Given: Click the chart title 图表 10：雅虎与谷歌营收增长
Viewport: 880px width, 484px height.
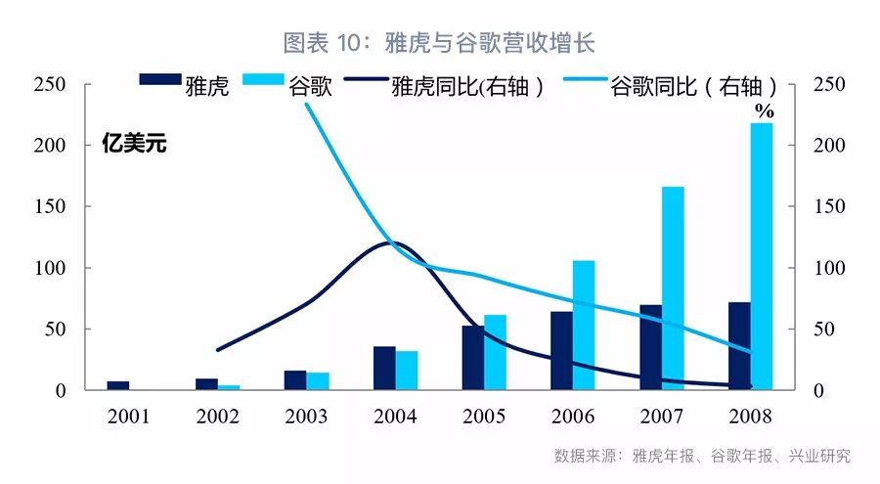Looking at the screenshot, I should [439, 42].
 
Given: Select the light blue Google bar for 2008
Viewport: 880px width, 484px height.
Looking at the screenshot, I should [761, 256].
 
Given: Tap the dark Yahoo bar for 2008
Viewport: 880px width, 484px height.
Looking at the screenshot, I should [739, 346].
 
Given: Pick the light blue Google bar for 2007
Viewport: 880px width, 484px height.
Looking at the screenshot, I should [673, 287].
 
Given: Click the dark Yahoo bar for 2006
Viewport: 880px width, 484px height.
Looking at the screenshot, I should [561, 350].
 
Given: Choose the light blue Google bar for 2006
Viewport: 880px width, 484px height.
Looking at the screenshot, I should [584, 325].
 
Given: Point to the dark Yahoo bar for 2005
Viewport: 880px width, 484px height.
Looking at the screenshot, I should [473, 357].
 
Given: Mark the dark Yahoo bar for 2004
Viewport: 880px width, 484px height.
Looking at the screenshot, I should [384, 368].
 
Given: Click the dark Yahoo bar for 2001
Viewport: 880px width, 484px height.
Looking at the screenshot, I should [118, 385].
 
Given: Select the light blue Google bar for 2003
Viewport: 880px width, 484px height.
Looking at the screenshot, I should [318, 380].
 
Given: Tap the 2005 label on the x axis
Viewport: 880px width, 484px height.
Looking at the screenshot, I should [484, 417].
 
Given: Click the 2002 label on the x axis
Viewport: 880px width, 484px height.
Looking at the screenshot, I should [217, 417].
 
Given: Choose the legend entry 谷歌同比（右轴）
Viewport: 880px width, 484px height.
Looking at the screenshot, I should [693, 86].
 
